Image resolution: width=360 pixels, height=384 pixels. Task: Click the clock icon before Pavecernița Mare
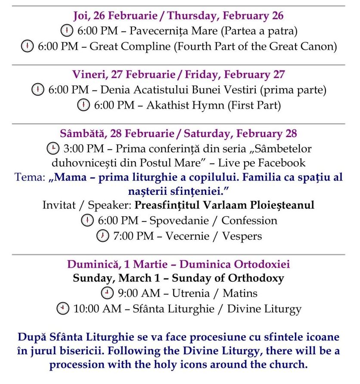[67, 31]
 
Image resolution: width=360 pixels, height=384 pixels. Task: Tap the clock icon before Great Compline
[27, 46]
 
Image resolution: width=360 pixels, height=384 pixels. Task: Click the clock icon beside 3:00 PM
[52, 149]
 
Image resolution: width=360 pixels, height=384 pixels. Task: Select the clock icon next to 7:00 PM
[102, 236]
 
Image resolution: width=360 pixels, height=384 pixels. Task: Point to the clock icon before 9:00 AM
[107, 293]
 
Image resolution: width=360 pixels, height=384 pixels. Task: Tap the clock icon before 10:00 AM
[62, 309]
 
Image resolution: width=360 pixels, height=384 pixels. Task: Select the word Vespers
[242, 236]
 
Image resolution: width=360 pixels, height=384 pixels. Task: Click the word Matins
[240, 293]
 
